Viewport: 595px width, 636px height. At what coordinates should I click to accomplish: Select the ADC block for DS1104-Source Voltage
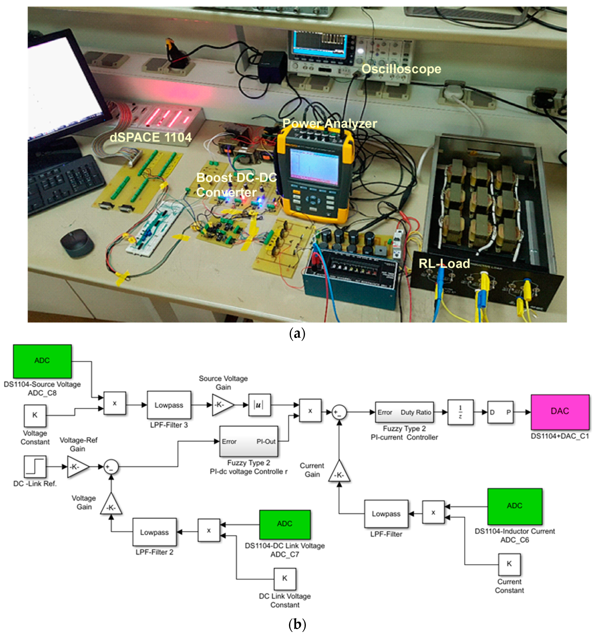tap(42, 361)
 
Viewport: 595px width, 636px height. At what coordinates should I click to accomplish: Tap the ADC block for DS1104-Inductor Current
tap(514, 506)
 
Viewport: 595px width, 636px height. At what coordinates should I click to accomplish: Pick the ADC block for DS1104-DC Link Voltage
tap(284, 524)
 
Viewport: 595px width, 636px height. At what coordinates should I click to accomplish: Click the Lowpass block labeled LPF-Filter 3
tap(169, 405)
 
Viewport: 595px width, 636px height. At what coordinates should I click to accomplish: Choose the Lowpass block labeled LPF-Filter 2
tap(154, 532)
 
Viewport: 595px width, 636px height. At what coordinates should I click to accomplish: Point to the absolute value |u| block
tap(259, 405)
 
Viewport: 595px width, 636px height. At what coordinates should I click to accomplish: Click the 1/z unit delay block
tap(460, 412)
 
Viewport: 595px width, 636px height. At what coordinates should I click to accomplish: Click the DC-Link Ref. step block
tap(35, 467)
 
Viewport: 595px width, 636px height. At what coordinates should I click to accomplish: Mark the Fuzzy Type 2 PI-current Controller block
tap(404, 412)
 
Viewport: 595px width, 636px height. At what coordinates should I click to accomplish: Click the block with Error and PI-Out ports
tap(248, 441)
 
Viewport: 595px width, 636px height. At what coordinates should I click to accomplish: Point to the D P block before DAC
tap(500, 412)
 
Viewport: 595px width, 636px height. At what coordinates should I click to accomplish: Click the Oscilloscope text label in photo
tap(401, 69)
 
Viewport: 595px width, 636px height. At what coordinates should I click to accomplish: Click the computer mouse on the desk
tap(77, 242)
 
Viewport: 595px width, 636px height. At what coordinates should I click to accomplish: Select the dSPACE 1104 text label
tap(150, 137)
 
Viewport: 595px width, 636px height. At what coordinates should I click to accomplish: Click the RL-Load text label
tap(444, 264)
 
